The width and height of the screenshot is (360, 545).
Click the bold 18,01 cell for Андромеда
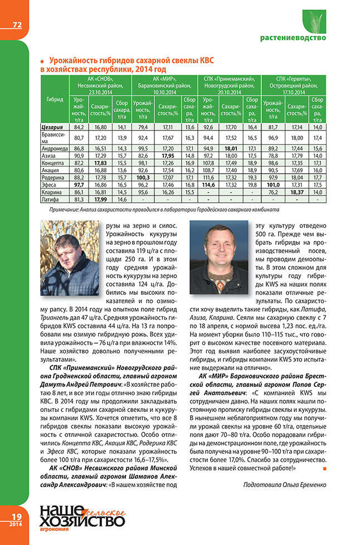(x=231, y=149)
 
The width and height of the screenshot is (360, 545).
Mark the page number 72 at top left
(x=17, y=25)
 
